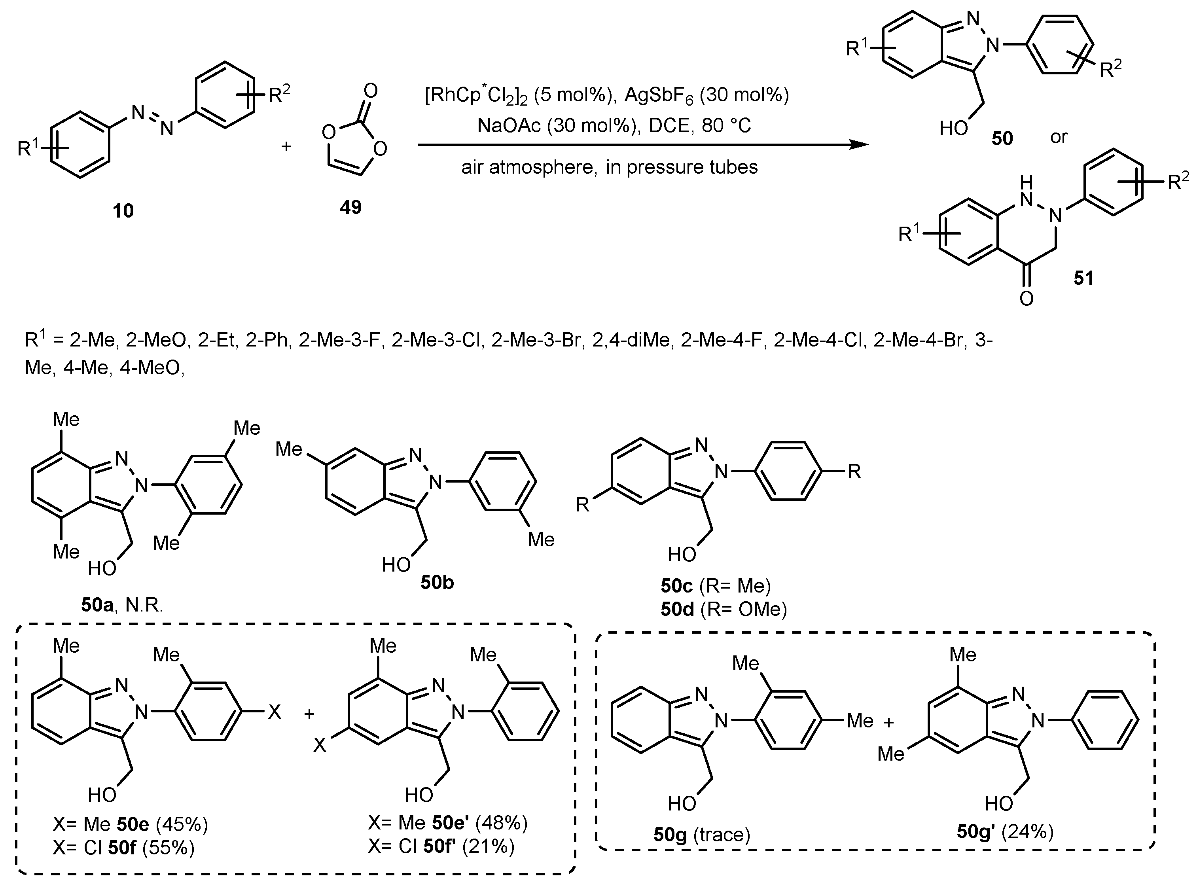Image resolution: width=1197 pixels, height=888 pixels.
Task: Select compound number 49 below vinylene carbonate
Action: click(350, 207)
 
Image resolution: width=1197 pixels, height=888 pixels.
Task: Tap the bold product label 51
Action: click(1083, 278)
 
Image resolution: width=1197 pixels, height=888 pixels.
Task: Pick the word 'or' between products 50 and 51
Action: click(1058, 137)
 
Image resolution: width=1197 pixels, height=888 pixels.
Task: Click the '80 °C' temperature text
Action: click(725, 125)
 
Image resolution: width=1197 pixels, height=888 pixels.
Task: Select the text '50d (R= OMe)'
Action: click(724, 609)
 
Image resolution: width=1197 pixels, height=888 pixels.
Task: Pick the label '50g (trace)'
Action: click(701, 834)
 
